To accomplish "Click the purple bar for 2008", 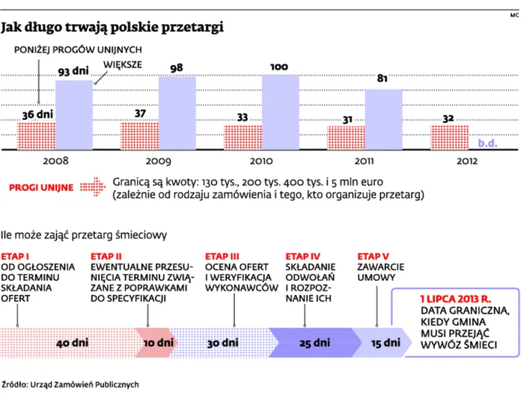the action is point(74,115).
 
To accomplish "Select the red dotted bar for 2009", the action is point(139,136).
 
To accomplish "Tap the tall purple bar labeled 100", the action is point(281,112).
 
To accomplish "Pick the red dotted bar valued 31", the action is point(347,138).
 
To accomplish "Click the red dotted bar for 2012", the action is point(450,138).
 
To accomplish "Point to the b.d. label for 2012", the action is point(487,143).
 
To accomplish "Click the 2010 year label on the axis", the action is point(261,161).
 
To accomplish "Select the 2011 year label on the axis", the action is point(364,161).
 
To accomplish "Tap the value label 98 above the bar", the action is point(177,68).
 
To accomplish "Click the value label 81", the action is point(382,78).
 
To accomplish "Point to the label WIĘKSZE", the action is point(123,64).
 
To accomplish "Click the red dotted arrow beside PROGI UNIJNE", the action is point(93,187).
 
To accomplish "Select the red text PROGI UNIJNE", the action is point(41,187).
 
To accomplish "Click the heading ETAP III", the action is point(222,256).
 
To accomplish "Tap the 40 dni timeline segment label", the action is point(72,343).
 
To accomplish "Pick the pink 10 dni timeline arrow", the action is point(156,343).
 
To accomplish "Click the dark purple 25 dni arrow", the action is point(314,343).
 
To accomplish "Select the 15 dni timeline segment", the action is point(382,343).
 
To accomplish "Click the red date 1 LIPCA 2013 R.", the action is point(456,299).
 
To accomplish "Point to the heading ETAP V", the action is point(373,256).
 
